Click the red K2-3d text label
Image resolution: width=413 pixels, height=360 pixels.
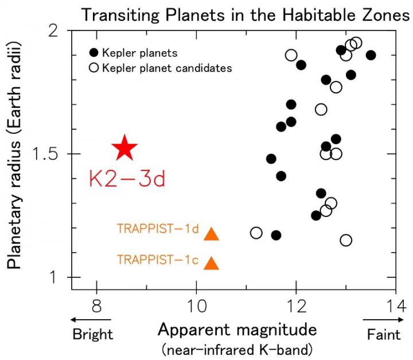point(127,179)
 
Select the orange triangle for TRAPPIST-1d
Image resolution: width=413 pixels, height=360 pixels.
point(212,234)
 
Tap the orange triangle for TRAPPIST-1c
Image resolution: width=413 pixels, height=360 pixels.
point(212,263)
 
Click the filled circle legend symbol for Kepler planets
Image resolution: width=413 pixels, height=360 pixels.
point(93,53)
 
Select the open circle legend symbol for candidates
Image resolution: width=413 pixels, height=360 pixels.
point(93,68)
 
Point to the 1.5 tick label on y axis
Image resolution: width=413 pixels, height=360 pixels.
point(50,154)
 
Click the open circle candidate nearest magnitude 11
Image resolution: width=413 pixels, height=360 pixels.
point(256,233)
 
